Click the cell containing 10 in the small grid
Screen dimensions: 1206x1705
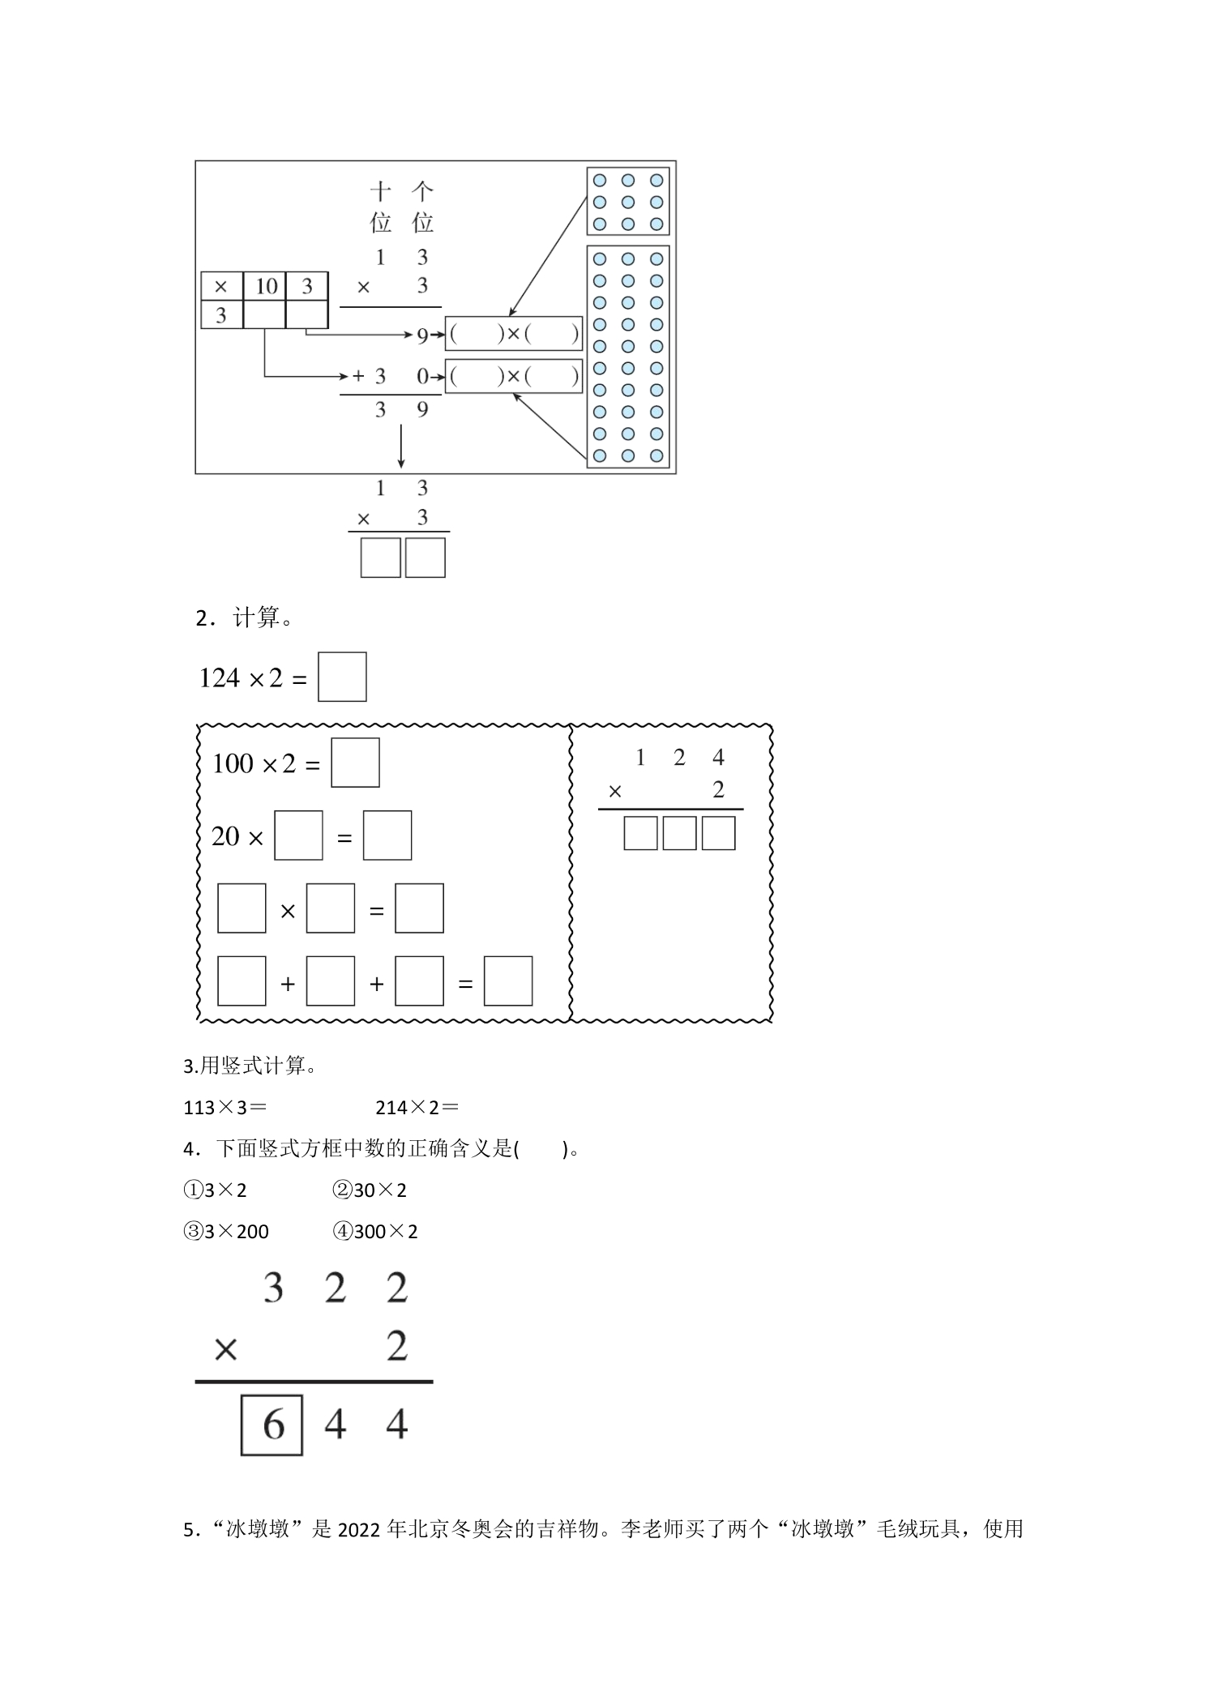[x=265, y=286]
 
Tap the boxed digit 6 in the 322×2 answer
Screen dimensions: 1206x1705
[x=272, y=1424]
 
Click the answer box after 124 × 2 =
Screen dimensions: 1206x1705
[x=342, y=677]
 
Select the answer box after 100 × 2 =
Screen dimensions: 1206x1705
[x=355, y=763]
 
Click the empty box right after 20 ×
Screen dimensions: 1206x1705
[x=298, y=835]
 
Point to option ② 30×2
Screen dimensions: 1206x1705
[x=370, y=1190]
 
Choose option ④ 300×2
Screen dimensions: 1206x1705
[x=375, y=1232]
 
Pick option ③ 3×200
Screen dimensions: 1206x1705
[x=226, y=1232]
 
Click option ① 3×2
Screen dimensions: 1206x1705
[x=215, y=1190]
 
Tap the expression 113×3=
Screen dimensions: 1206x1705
[x=225, y=1107]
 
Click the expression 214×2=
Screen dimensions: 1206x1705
[x=417, y=1107]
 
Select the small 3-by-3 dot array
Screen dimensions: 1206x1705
[x=628, y=202]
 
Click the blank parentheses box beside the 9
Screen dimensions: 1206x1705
[x=514, y=333]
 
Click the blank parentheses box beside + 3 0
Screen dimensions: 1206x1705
[x=514, y=376]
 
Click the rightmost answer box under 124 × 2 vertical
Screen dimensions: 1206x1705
[x=718, y=833]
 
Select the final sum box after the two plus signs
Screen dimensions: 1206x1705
[x=508, y=981]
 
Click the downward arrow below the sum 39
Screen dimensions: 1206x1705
[x=401, y=447]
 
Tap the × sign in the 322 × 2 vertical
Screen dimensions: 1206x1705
[x=225, y=1349]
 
